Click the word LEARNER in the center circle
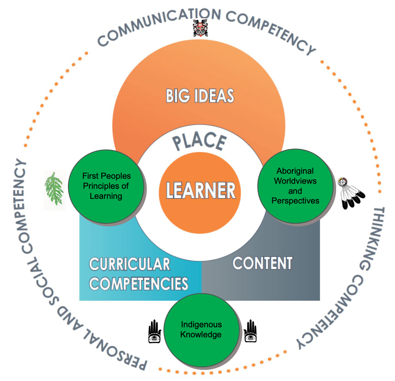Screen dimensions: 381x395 201,190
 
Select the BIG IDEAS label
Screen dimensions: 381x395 200,96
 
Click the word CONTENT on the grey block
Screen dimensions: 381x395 262,263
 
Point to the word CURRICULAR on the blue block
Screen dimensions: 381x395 130,264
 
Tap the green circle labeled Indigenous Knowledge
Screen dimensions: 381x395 201,330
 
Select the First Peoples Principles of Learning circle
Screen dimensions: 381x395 106,186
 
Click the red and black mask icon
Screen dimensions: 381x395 199,28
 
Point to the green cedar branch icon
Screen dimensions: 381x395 54,188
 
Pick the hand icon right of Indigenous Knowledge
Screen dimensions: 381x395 249,331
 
